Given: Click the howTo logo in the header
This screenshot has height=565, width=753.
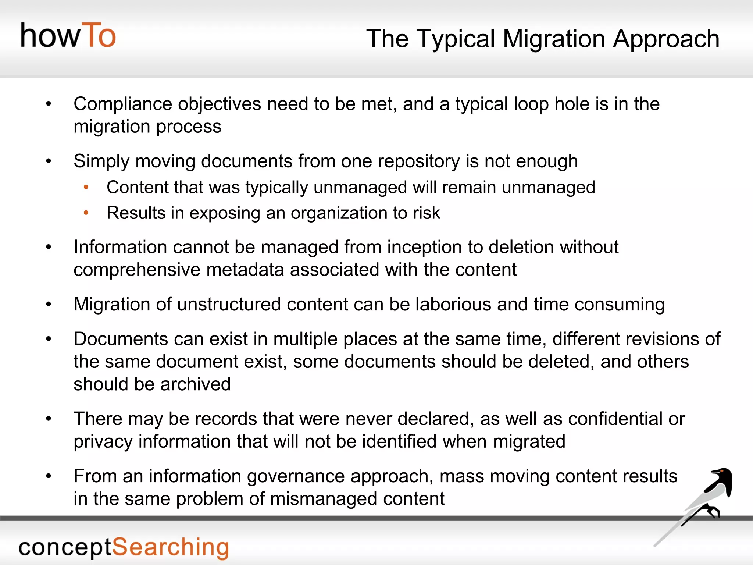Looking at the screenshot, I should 68,36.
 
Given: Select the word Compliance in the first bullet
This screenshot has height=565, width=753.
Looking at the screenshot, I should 122,104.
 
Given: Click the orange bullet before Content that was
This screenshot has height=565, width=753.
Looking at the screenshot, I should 86,187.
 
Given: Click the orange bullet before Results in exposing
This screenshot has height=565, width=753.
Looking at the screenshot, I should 86,213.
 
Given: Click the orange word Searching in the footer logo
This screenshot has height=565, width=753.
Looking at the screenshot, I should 170,547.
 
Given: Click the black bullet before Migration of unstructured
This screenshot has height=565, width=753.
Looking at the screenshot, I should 49,305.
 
